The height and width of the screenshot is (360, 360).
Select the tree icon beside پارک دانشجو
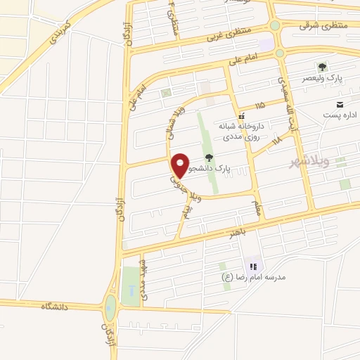[208, 157]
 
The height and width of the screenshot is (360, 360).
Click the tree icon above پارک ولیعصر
[321, 67]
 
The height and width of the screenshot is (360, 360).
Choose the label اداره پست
[340, 114]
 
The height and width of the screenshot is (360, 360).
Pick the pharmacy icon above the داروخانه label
[241, 116]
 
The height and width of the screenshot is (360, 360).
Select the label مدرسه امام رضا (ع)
[254, 277]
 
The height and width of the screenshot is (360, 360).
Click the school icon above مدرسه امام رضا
[254, 266]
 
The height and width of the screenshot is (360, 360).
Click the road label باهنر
[225, 231]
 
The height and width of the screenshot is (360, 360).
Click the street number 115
[261, 105]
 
